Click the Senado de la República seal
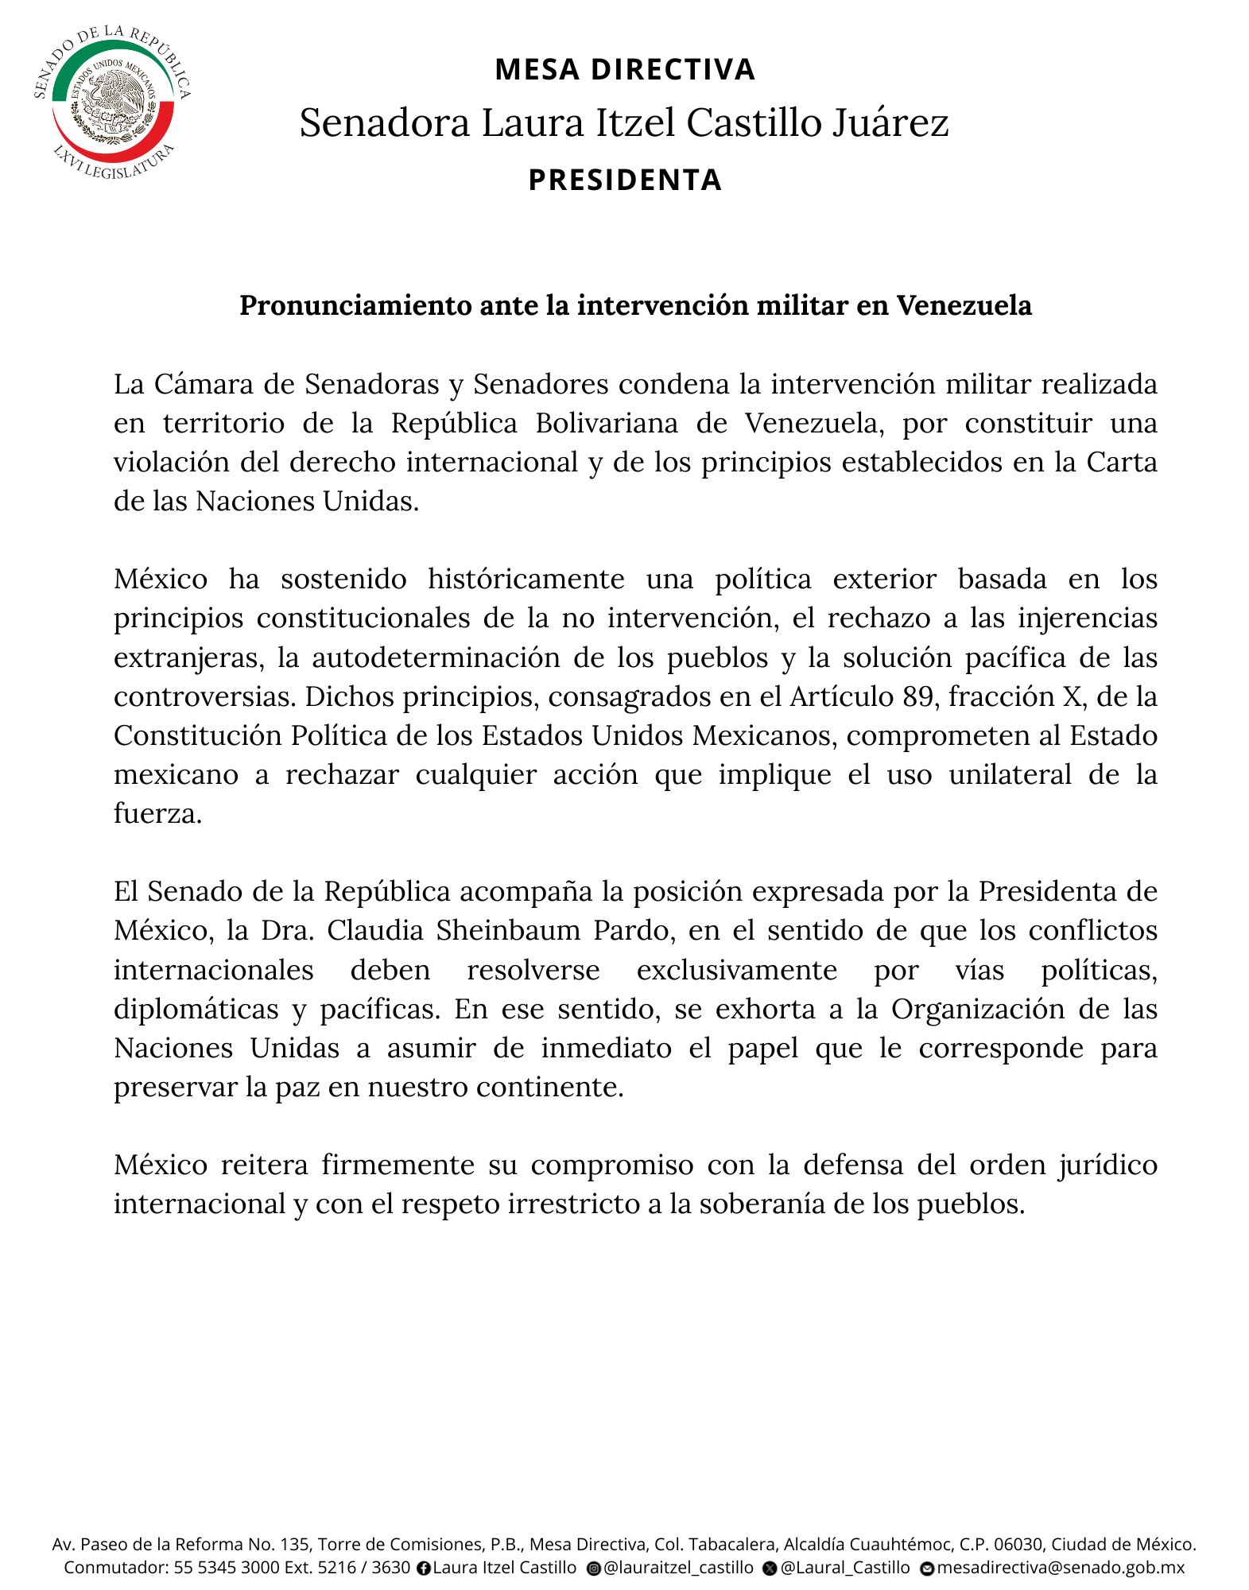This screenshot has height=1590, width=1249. point(113,102)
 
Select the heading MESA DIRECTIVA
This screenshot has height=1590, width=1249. point(624,70)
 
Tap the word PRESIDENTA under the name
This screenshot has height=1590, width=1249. point(625,180)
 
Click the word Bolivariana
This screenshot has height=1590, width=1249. point(607,423)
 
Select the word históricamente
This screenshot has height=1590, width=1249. point(526,579)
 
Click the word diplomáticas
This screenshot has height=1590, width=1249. point(196,1009)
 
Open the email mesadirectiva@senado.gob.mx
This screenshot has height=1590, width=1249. point(1061,1568)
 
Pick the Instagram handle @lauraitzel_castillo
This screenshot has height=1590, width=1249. point(677,1568)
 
